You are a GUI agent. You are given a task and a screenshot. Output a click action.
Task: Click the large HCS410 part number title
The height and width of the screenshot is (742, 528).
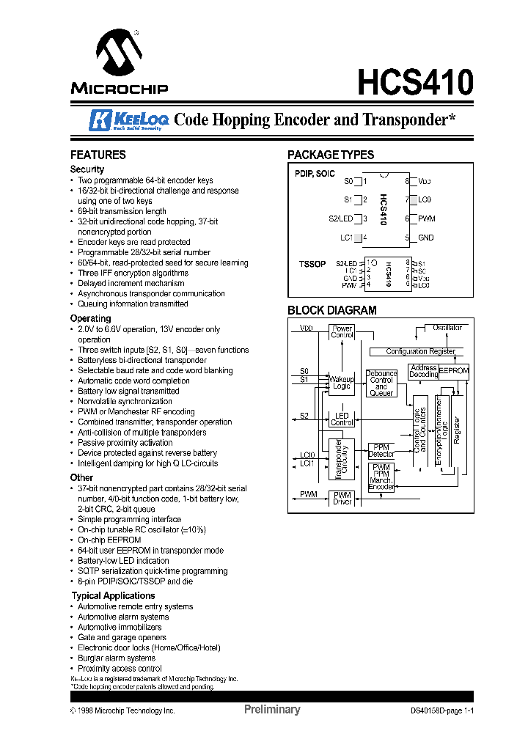(415, 81)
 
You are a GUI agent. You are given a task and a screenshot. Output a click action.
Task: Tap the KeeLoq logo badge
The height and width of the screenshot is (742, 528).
(129, 120)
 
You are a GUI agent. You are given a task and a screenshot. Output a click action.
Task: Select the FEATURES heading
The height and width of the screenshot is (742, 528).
(98, 155)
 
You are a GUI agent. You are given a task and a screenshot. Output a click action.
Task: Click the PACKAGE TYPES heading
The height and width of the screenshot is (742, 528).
(330, 155)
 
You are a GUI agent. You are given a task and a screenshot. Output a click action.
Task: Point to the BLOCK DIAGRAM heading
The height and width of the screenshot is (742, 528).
(331, 310)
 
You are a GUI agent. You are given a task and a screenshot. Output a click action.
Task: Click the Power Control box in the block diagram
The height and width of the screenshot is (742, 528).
(342, 332)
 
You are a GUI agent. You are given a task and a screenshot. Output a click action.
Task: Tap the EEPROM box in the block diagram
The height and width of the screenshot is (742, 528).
(454, 372)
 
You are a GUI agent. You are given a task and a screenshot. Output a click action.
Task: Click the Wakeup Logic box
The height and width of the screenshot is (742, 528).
(342, 383)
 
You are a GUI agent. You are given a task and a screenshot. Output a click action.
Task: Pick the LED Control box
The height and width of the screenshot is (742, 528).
(342, 419)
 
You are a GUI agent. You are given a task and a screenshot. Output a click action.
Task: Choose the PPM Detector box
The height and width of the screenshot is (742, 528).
(381, 450)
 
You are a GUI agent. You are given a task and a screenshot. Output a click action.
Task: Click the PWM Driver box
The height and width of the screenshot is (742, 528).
(342, 499)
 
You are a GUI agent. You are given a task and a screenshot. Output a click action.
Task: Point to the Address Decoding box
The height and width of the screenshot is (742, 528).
(423, 371)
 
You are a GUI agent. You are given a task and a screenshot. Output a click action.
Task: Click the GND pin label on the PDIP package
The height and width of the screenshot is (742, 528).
(426, 238)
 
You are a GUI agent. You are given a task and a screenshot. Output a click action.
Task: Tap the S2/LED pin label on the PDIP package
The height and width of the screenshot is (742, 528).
(341, 218)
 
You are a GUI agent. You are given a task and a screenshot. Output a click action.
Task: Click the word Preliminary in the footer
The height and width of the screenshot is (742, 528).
(271, 710)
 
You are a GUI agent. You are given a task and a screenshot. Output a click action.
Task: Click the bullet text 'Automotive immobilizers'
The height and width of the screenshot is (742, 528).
(120, 627)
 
